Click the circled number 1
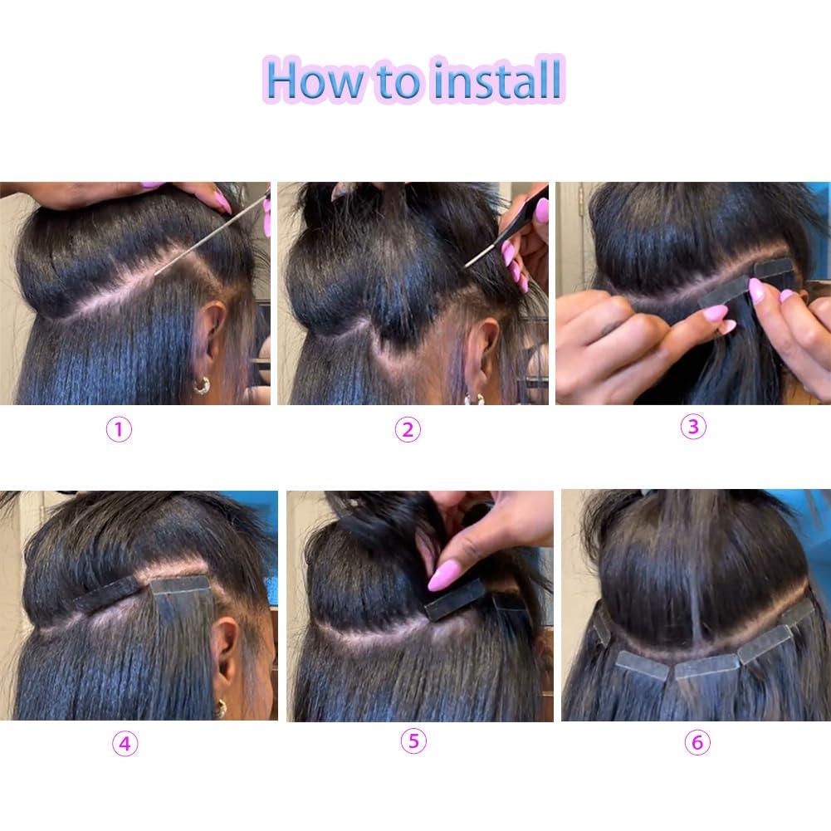click(120, 429)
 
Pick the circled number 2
click(408, 429)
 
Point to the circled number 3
click(694, 427)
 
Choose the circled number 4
click(125, 743)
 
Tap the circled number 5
click(413, 741)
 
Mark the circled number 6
click(697, 743)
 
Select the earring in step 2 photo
click(474, 398)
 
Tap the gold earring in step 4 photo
click(220, 707)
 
